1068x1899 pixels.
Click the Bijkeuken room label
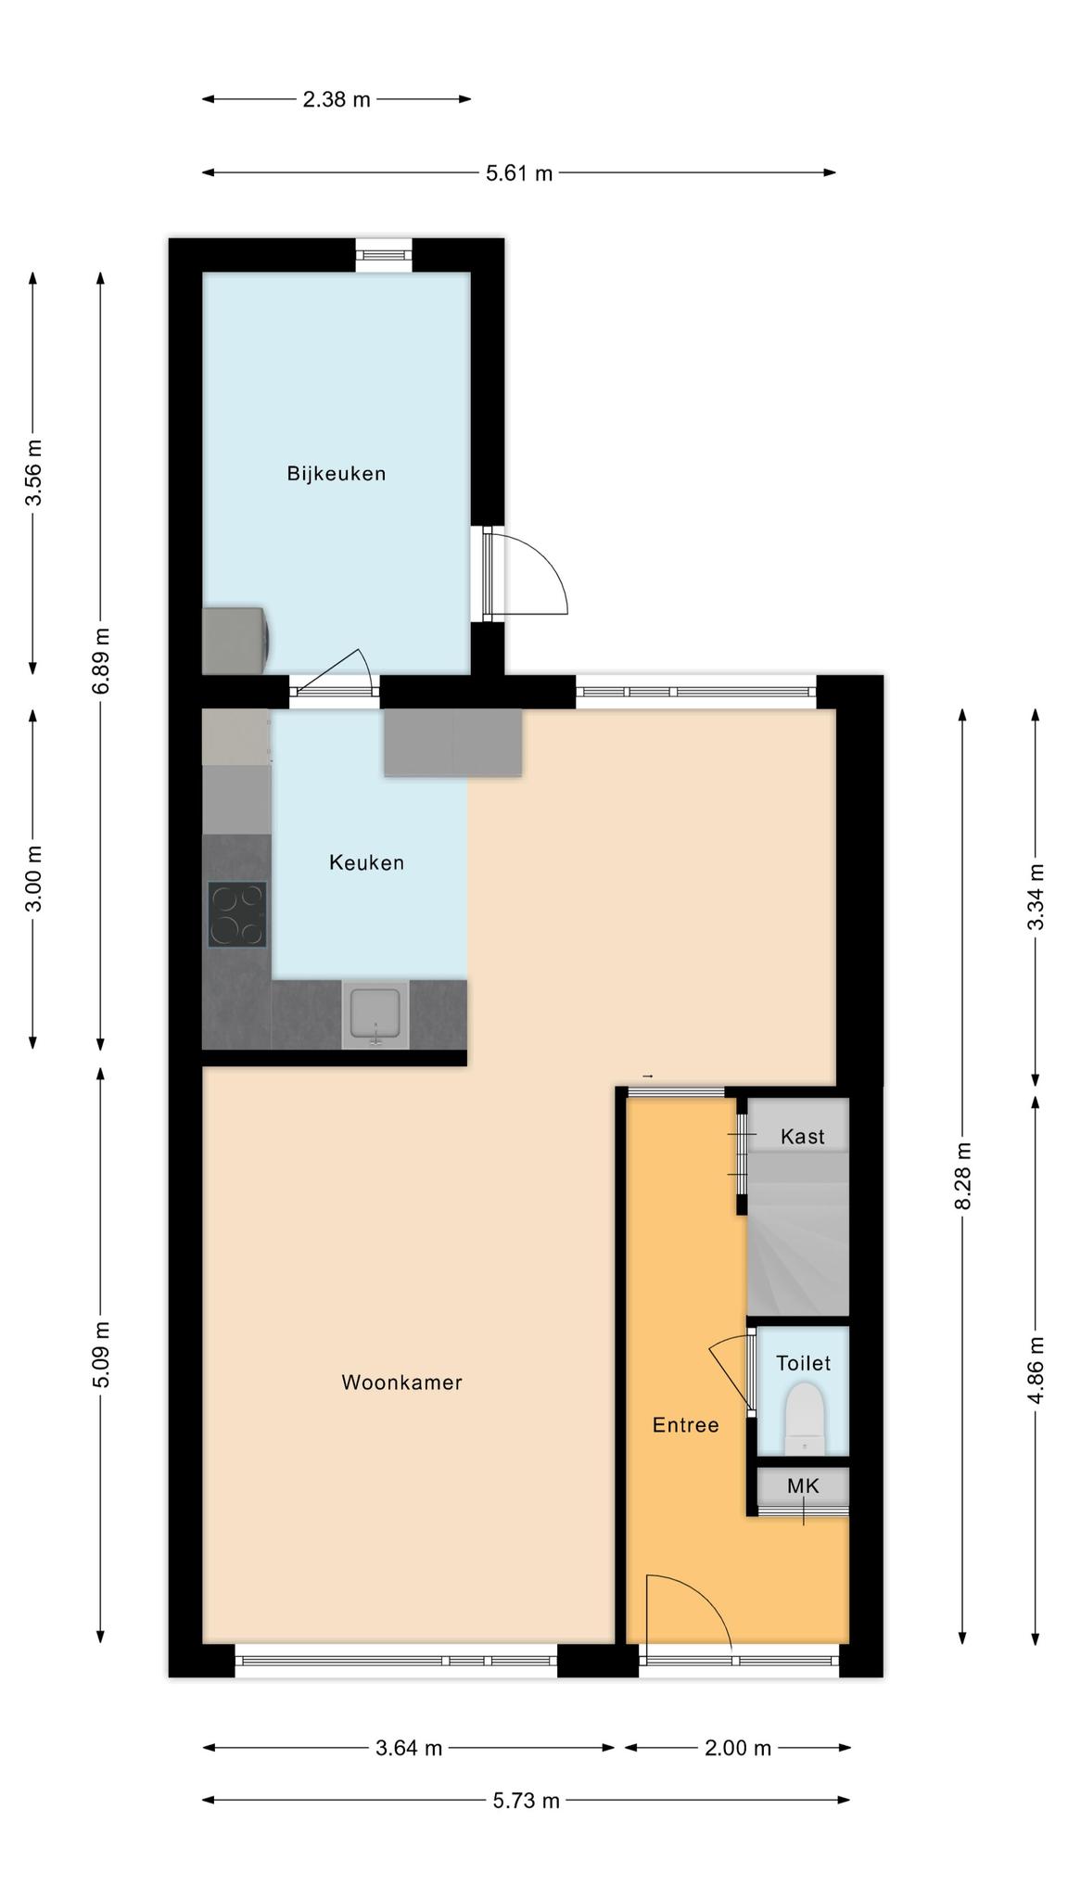click(x=336, y=474)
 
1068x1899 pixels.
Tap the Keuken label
click(x=366, y=862)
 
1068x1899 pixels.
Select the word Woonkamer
click(x=401, y=1383)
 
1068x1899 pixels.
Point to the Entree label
click(x=685, y=1425)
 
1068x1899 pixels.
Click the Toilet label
click(x=803, y=1363)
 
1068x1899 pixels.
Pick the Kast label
click(x=802, y=1137)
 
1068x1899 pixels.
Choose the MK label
click(x=803, y=1486)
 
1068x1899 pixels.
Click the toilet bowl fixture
click(x=804, y=1419)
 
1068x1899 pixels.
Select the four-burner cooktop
click(x=237, y=914)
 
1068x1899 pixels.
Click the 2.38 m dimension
click(x=337, y=99)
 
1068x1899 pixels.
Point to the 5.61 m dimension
click(x=519, y=172)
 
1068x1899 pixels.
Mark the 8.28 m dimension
click(x=962, y=1176)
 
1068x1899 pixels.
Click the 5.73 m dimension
click(x=526, y=1801)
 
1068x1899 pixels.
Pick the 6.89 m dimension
click(x=101, y=660)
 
